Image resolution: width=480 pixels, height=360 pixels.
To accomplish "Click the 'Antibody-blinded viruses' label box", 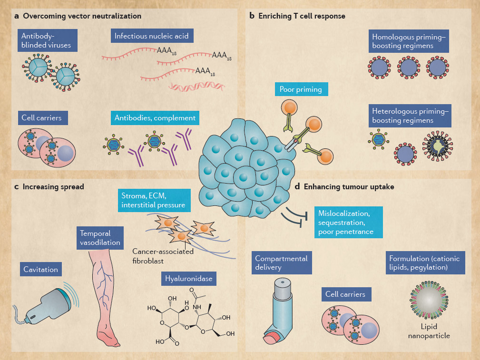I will [x=47, y=40].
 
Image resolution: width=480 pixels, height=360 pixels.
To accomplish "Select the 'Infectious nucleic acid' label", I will [x=151, y=35].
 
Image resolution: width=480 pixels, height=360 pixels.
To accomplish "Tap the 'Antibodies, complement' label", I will [x=155, y=118].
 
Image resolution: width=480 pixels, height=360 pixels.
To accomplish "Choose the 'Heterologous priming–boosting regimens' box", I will [x=410, y=116].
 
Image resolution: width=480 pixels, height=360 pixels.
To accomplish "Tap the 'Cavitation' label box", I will [x=41, y=270].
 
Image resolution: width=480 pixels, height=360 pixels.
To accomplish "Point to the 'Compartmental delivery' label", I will [x=281, y=263].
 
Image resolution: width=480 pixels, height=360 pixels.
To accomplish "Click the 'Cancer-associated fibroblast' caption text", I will [x=163, y=256].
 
